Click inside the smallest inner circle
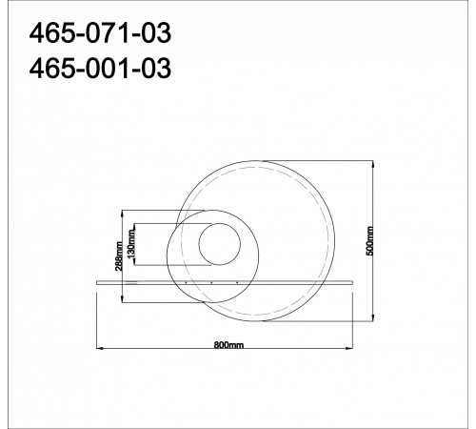(220, 243)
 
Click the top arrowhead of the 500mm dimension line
(377, 160)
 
